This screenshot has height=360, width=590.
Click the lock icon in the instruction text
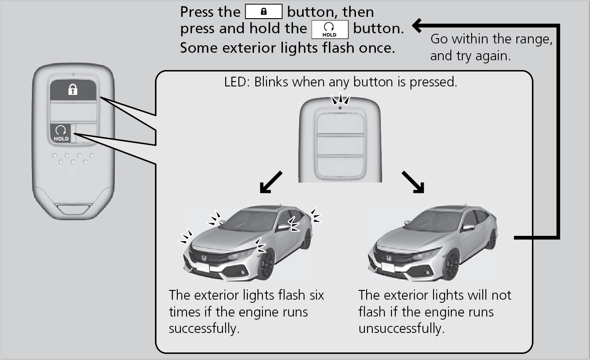pos(263,12)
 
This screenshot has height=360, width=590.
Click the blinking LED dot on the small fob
pos(340,107)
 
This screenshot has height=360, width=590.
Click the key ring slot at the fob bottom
pos(74,207)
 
